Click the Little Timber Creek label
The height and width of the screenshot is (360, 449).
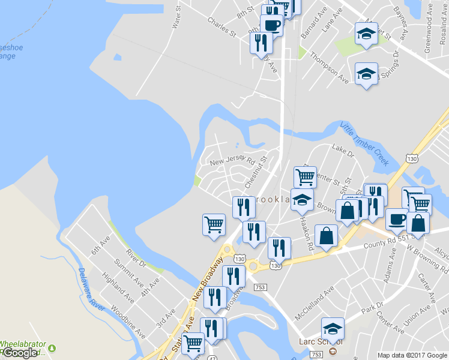(365, 144)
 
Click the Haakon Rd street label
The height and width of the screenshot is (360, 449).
(307, 235)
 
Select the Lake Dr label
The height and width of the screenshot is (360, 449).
(343, 151)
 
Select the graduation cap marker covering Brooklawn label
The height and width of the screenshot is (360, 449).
(303, 200)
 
